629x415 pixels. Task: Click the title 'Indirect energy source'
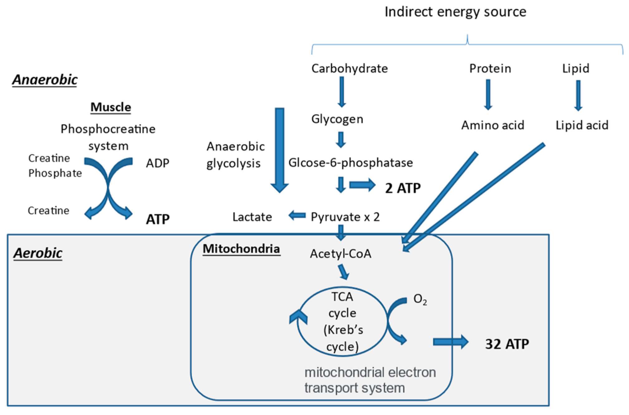[455, 12]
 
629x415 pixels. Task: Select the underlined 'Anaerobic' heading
[45, 80]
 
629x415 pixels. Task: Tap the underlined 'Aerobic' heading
[38, 253]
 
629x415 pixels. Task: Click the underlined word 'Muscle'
[111, 107]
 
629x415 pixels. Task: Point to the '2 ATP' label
[403, 188]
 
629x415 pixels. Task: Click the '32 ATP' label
[507, 344]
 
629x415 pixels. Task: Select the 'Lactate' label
[252, 217]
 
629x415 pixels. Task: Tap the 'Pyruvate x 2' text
[345, 217]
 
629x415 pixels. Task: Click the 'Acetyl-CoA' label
[341, 253]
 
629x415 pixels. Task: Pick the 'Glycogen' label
[337, 119]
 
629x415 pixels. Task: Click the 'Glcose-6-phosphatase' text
[351, 162]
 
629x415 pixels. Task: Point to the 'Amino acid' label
[493, 125]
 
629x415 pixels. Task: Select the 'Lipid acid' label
[582, 125]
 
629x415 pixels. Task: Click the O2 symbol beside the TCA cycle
[420, 299]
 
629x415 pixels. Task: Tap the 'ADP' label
[157, 163]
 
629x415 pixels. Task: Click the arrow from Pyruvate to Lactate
[297, 215]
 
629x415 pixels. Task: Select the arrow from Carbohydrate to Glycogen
[342, 92]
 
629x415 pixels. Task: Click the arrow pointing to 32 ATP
[450, 342]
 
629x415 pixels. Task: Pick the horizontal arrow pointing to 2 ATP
[362, 185]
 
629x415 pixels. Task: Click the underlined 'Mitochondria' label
[241, 249]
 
